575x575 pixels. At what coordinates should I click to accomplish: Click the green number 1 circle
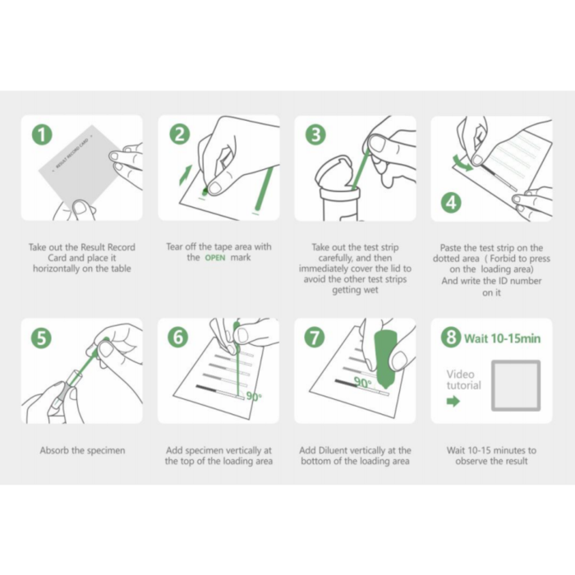pos(42,135)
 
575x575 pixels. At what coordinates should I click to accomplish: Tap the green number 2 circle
pos(180,134)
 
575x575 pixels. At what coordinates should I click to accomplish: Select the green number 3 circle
pos(315,135)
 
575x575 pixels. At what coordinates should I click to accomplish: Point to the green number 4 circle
pos(451,203)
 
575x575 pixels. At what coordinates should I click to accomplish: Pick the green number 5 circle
pos(42,338)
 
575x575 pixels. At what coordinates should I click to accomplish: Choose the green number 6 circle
pos(178,337)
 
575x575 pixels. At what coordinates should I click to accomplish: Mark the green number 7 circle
pos(315,338)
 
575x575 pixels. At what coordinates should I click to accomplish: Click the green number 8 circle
pos(451,337)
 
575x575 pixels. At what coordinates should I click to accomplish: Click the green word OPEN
pos(215,258)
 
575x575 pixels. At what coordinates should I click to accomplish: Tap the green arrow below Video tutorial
pos(453,401)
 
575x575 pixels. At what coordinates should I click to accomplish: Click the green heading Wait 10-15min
pos(502,338)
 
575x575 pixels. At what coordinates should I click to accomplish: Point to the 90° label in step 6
pos(254,397)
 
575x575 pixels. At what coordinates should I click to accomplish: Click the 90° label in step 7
pos(363,383)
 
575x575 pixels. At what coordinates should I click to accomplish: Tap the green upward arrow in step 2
pos(186,175)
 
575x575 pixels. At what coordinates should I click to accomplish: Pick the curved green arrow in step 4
pos(462,163)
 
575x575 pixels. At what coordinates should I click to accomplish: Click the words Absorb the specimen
pos(82,450)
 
